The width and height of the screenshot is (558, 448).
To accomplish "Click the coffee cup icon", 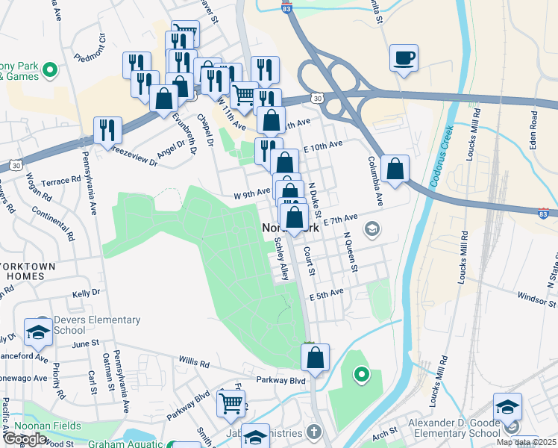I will tap(404, 58).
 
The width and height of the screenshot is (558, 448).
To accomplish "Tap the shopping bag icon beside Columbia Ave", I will tap(395, 169).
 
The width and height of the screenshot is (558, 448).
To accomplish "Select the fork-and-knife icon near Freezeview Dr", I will tap(107, 131).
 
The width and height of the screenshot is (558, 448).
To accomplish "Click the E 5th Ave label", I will tap(327, 296).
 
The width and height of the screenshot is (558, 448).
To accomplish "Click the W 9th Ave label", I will tap(251, 192).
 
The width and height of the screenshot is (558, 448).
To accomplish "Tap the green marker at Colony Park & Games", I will tap(50, 72).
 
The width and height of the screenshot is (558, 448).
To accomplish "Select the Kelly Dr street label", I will tap(86, 296).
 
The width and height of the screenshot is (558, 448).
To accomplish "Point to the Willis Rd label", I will tap(193, 362).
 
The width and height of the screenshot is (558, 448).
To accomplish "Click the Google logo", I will tap(25, 439).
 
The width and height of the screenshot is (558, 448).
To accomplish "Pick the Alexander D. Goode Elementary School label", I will tap(454, 427).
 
